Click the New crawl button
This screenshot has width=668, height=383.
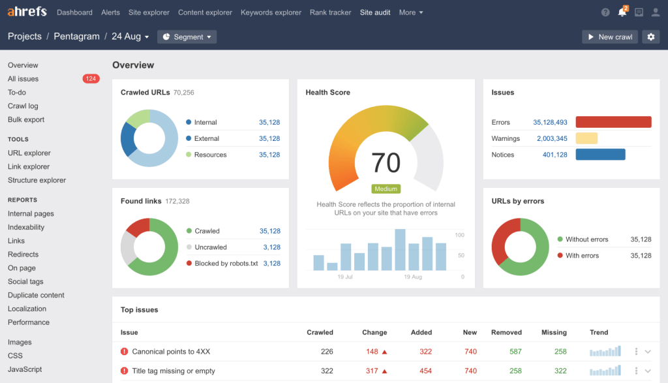[x=609, y=37]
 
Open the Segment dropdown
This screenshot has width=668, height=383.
[x=187, y=37]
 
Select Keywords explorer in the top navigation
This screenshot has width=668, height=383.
[x=271, y=12]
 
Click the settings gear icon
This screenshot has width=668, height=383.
[x=650, y=37]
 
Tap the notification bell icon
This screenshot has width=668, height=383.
[x=622, y=12]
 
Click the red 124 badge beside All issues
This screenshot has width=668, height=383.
[x=91, y=79]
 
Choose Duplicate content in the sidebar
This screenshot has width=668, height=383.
[x=36, y=295]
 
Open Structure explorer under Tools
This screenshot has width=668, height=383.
[x=37, y=180]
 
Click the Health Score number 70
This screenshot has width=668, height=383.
[x=386, y=162]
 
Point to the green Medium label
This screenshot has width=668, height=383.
[x=386, y=189]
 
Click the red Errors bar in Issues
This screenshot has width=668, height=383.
[x=613, y=122]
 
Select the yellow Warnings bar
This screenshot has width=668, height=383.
[x=586, y=138]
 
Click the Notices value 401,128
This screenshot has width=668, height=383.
[x=554, y=155]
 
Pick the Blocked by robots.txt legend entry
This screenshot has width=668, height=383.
[x=226, y=264]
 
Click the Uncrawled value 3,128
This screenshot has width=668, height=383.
[x=271, y=247]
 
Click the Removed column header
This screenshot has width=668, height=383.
[x=506, y=332]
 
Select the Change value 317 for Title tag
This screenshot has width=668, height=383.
[x=372, y=371]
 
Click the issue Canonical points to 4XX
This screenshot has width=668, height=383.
[x=170, y=352]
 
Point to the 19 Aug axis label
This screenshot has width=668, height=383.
[x=412, y=277]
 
